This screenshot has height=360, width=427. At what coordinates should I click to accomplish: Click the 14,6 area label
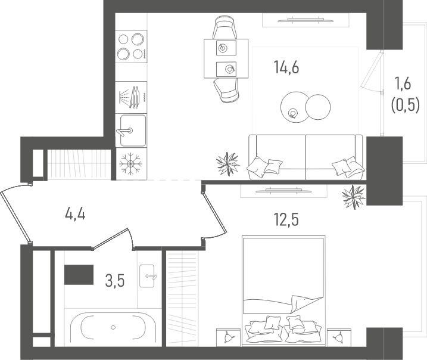[x=286, y=67]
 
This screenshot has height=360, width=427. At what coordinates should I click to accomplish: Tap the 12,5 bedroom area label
[x=286, y=220]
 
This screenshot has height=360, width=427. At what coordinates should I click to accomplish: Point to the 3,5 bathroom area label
[x=115, y=281]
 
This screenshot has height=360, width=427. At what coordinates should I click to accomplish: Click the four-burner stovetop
[x=131, y=46]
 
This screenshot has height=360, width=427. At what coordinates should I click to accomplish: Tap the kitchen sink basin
[x=131, y=131]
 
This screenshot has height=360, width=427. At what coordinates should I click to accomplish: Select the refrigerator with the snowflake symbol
[x=131, y=164]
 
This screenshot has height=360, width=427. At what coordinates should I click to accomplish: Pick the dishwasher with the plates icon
[x=131, y=97]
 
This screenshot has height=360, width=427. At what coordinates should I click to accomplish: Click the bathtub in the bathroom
[x=113, y=327]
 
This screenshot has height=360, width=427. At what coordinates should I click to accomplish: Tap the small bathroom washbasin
[x=147, y=275]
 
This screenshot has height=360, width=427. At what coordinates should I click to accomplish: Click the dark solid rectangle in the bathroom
[x=79, y=275]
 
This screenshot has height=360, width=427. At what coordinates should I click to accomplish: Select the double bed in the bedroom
[x=283, y=291]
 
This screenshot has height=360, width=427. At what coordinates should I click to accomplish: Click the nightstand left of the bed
[x=229, y=337]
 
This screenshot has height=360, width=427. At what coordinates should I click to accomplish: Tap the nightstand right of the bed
[x=339, y=337]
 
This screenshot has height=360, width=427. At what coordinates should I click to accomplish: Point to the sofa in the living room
[x=306, y=157]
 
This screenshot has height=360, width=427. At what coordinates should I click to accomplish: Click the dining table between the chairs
[x=226, y=58]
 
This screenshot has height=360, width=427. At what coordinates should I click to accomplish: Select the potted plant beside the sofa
[x=227, y=164]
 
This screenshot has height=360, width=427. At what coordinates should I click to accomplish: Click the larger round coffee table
[x=295, y=107]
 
